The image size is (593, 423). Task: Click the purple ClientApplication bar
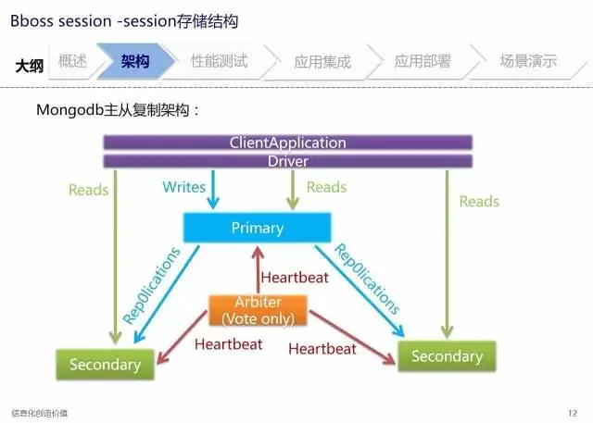pyautogui.click(x=288, y=143)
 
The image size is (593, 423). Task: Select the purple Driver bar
pyautogui.click(x=288, y=161)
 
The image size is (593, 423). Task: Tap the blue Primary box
pyautogui.click(x=258, y=228)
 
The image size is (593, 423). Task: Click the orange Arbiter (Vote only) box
pyautogui.click(x=258, y=310)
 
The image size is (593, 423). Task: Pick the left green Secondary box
pyautogui.click(x=105, y=365)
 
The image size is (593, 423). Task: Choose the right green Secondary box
pyautogui.click(x=447, y=356)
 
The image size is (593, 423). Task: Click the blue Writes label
pyautogui.click(x=183, y=187)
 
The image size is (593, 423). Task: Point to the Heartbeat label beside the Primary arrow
pyautogui.click(x=295, y=278)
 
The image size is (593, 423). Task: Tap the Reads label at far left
pyautogui.click(x=89, y=190)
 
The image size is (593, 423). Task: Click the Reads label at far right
pyautogui.click(x=479, y=201)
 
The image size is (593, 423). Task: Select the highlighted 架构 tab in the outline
pyautogui.click(x=136, y=61)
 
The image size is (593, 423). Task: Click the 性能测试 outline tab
pyautogui.click(x=220, y=61)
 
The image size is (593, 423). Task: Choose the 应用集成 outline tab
pyautogui.click(x=322, y=62)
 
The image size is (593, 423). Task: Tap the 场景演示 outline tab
pyautogui.click(x=528, y=60)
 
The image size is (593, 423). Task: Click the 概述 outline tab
pyautogui.click(x=72, y=61)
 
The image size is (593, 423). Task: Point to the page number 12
pyautogui.click(x=573, y=413)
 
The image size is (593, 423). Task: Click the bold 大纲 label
pyautogui.click(x=30, y=66)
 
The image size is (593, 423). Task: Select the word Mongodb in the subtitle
pyautogui.click(x=70, y=110)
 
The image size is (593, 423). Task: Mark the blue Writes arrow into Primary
pyautogui.click(x=213, y=189)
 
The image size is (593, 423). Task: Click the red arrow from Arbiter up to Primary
pyautogui.click(x=258, y=270)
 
